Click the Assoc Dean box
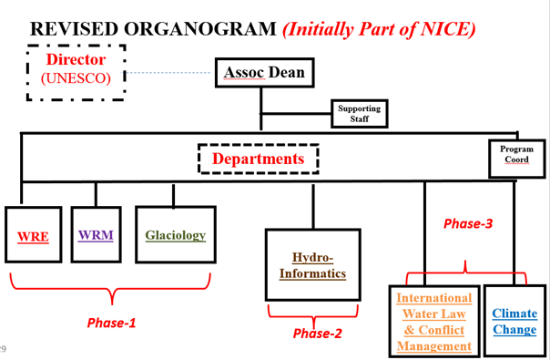(x=264, y=72)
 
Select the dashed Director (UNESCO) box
(x=76, y=46)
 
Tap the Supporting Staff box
(x=359, y=113)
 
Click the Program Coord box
(x=517, y=159)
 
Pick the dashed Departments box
(x=259, y=144)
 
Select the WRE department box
(x=34, y=234)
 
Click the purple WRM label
(x=96, y=235)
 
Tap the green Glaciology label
(x=176, y=235)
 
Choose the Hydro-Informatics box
(x=313, y=265)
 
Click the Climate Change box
(x=514, y=321)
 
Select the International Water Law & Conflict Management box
(x=434, y=321)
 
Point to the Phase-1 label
(x=111, y=323)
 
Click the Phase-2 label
(x=317, y=334)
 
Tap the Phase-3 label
(x=468, y=223)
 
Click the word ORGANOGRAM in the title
(x=200, y=29)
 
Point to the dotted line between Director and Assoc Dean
(x=168, y=73)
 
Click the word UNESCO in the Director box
(x=76, y=78)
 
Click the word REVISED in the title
(x=75, y=29)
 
